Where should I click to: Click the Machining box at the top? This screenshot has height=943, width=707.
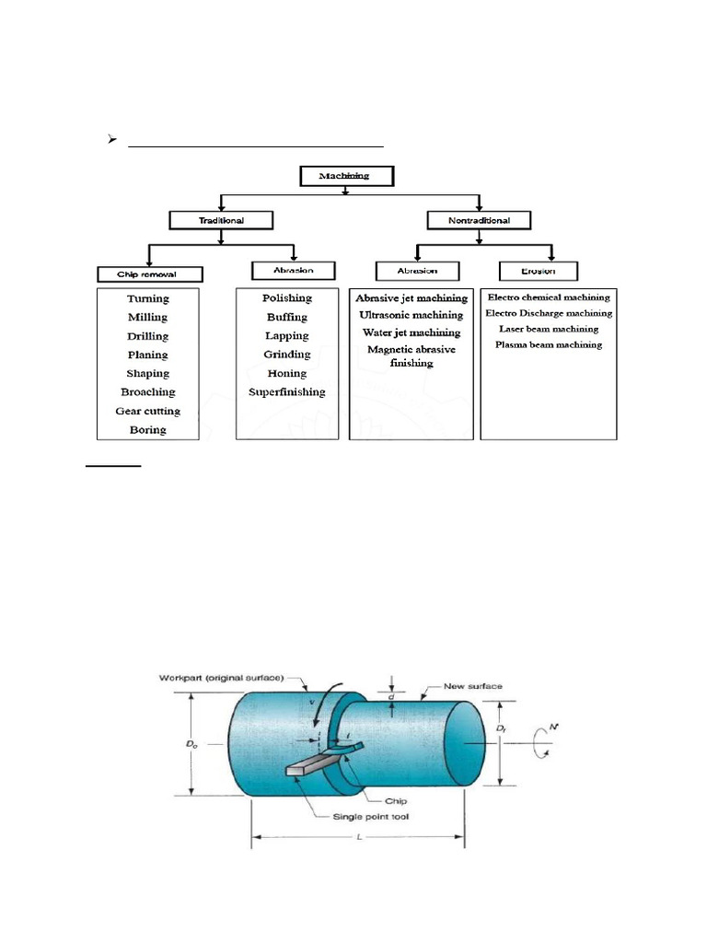tap(346, 175)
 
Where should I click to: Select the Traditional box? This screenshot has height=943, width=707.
tap(221, 220)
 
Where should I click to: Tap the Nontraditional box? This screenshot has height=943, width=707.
tap(480, 220)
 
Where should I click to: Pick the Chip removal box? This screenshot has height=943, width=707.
tap(147, 274)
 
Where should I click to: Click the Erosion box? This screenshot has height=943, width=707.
tap(538, 271)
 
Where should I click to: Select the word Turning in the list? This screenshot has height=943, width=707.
tap(147, 298)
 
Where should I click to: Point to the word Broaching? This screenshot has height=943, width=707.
tap(147, 392)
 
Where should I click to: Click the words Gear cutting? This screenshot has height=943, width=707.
tap(147, 411)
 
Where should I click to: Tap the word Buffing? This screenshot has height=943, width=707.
tap(286, 317)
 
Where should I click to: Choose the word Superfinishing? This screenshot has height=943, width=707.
tap(286, 392)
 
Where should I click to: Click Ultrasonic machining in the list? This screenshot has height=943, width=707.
tap(411, 315)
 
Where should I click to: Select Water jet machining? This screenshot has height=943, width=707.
tap(411, 332)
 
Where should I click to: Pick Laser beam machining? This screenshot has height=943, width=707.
tap(549, 328)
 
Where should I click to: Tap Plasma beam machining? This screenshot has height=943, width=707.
tap(549, 344)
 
